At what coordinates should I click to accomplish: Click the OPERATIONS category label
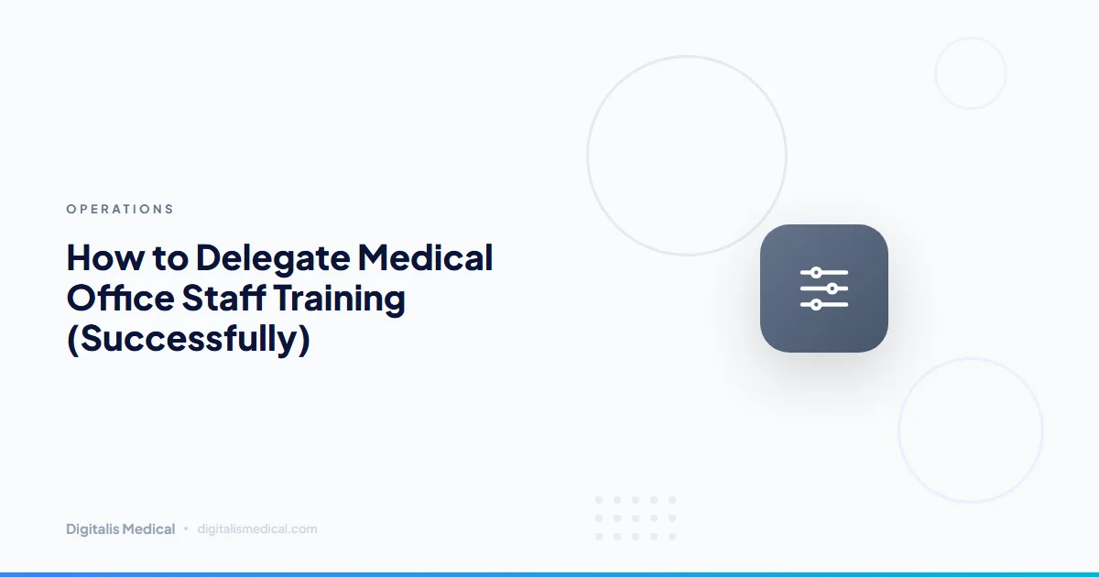[120, 209]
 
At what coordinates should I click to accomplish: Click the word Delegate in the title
[271, 257]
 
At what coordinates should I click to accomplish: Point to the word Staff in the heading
[214, 299]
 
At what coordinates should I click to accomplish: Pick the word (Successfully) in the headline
[189, 340]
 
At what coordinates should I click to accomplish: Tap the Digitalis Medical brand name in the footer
[120, 528]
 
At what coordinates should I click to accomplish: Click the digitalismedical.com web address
[256, 528]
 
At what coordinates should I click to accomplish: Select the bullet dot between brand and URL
[186, 528]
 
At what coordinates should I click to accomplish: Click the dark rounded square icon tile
[823, 288]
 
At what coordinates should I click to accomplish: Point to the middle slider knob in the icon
[832, 288]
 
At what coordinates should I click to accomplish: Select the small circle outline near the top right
[970, 73]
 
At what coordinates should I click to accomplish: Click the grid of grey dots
[636, 517]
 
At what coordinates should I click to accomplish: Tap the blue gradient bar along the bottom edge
[549, 573]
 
